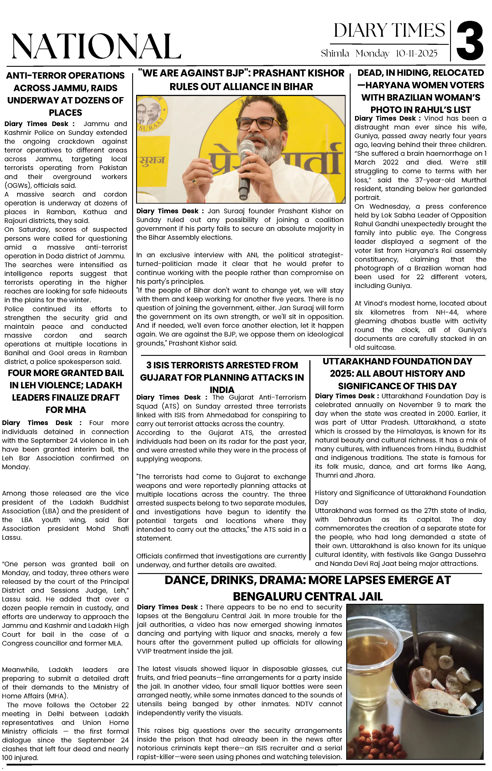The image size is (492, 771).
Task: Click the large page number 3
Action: pos(470,41)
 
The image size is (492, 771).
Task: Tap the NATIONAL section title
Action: pos(96,46)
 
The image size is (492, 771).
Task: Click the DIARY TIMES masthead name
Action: pos(389,31)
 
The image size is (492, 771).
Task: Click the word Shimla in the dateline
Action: pos(335,53)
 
